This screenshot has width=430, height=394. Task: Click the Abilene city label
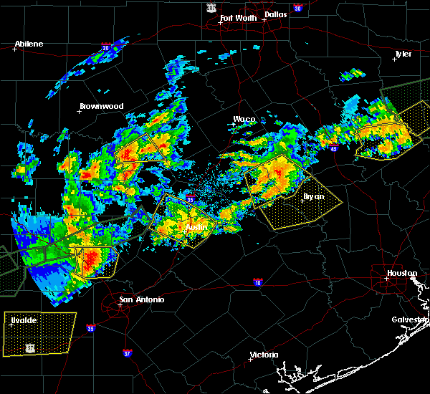(x=29, y=44)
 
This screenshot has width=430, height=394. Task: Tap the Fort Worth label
(x=237, y=18)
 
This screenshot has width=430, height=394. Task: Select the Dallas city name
(x=277, y=14)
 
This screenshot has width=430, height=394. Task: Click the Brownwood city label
(x=101, y=106)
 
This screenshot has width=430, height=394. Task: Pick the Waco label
(x=244, y=119)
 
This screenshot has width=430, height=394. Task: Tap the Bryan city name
(x=313, y=196)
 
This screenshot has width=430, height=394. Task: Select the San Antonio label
(x=141, y=299)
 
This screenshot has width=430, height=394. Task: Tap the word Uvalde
(x=24, y=320)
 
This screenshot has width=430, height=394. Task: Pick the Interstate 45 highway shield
(x=335, y=148)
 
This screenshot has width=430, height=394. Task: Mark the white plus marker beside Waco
(x=234, y=125)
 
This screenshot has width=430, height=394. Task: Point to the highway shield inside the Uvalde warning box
(x=30, y=347)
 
